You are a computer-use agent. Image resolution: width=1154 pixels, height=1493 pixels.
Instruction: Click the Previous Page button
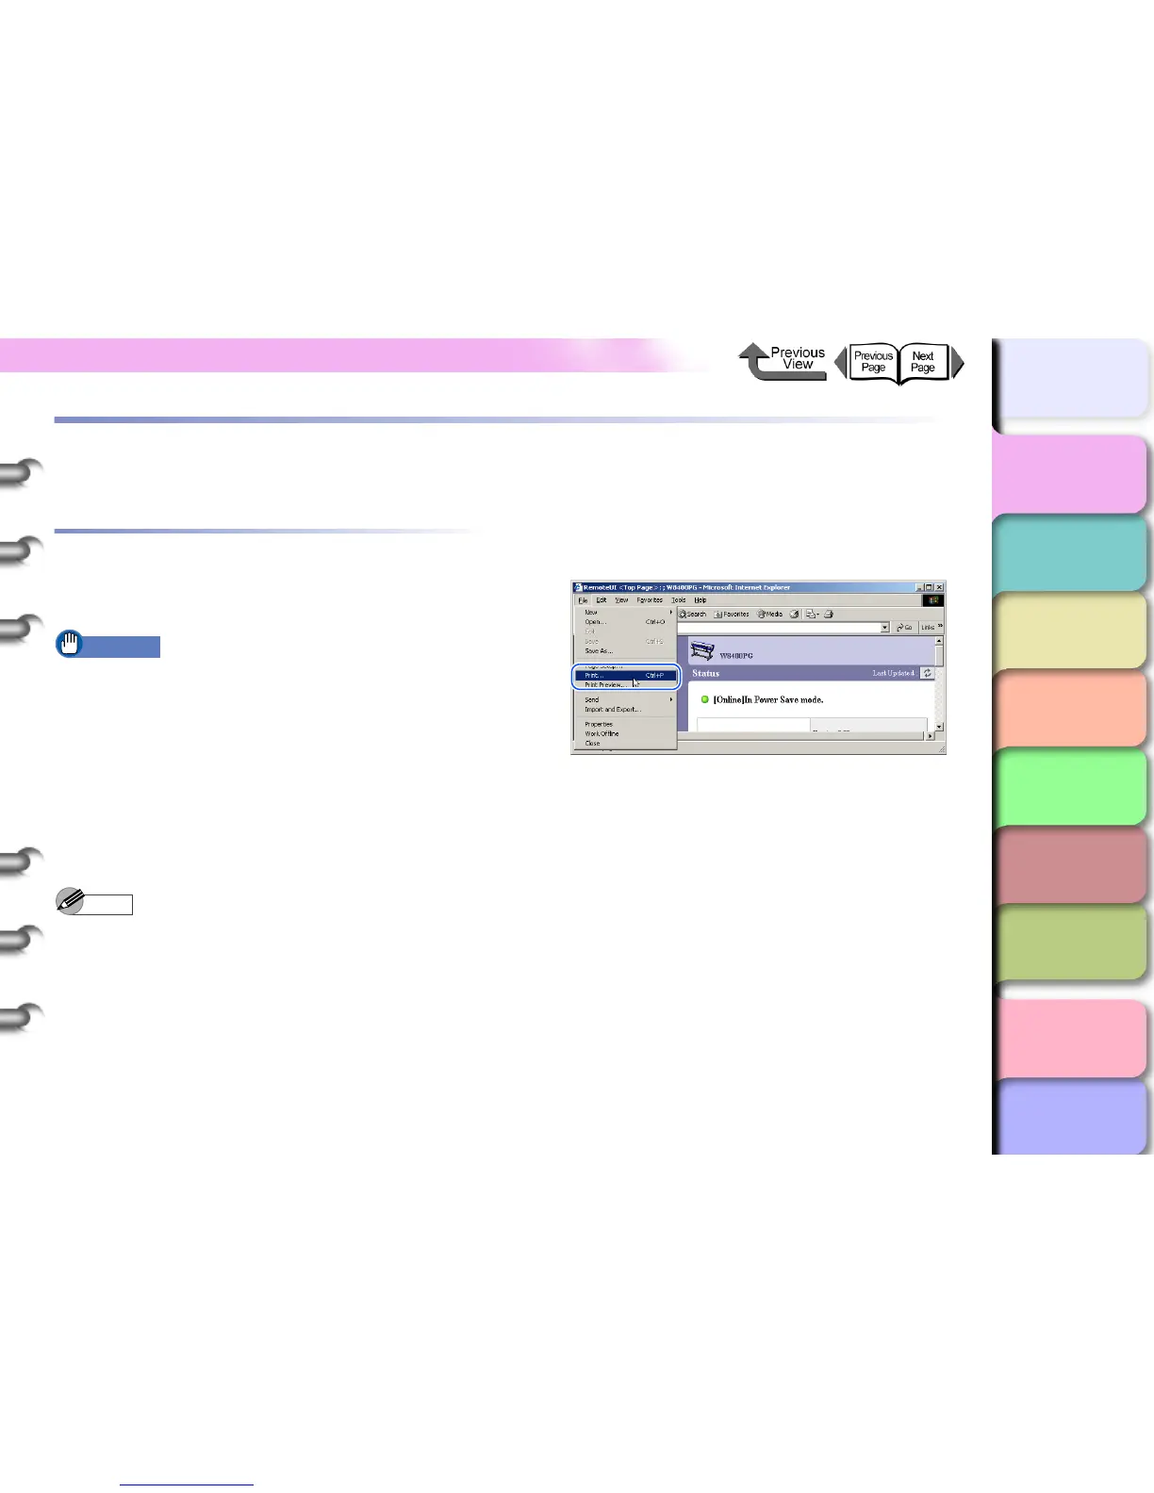(x=872, y=362)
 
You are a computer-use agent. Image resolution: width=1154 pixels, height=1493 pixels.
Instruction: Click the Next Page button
(x=923, y=362)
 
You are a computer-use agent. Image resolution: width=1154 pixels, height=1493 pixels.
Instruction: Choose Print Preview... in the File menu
(x=604, y=685)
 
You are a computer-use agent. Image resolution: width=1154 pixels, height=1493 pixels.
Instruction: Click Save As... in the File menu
(x=599, y=651)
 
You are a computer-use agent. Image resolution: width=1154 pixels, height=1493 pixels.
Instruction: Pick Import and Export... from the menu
(x=612, y=710)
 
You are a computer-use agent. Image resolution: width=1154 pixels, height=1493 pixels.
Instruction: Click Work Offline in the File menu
(x=602, y=733)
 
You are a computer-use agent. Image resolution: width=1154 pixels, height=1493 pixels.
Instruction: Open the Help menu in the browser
(x=701, y=600)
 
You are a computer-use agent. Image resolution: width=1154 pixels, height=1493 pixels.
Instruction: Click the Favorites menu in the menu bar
(x=650, y=600)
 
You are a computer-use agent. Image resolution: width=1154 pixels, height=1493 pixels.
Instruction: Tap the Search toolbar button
(x=693, y=614)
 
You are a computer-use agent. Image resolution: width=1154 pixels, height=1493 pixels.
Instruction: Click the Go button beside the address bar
(x=905, y=627)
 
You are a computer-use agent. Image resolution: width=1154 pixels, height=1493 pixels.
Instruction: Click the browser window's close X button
(x=939, y=587)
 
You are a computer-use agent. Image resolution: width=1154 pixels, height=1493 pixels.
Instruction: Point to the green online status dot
(x=704, y=699)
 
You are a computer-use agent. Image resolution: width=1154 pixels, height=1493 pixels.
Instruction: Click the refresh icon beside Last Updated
(x=928, y=673)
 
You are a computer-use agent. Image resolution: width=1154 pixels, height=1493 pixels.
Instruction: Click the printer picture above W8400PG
(x=702, y=651)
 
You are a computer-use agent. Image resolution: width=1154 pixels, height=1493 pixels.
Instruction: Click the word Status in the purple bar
(x=705, y=673)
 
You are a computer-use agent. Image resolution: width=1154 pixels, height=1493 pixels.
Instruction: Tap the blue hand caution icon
(x=69, y=646)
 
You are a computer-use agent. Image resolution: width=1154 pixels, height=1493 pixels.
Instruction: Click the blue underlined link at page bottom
(x=188, y=1485)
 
